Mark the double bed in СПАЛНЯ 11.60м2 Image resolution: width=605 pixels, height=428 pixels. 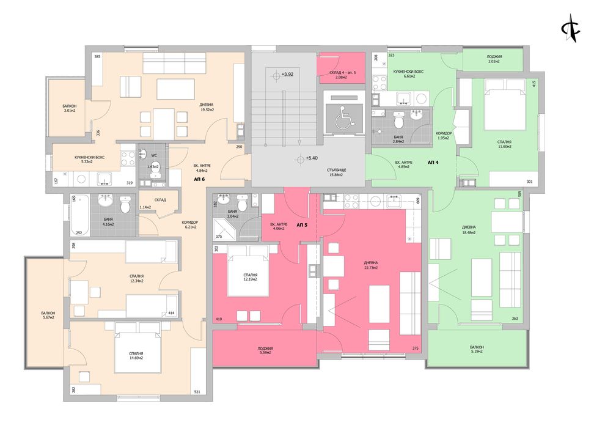(505, 109)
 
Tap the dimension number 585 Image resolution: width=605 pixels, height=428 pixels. (97, 57)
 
